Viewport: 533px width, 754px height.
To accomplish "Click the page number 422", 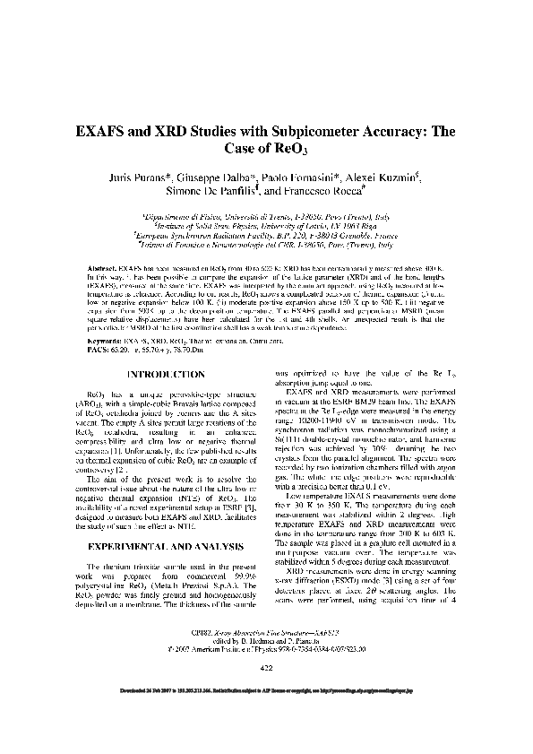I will [266, 693].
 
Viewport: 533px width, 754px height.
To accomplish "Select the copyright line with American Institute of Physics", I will [267, 673].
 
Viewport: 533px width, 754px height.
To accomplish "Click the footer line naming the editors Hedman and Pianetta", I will [267, 666].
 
